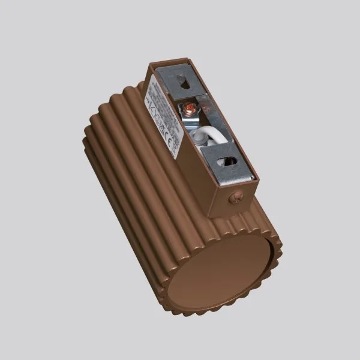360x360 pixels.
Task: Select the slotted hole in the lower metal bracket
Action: coord(227,161)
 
